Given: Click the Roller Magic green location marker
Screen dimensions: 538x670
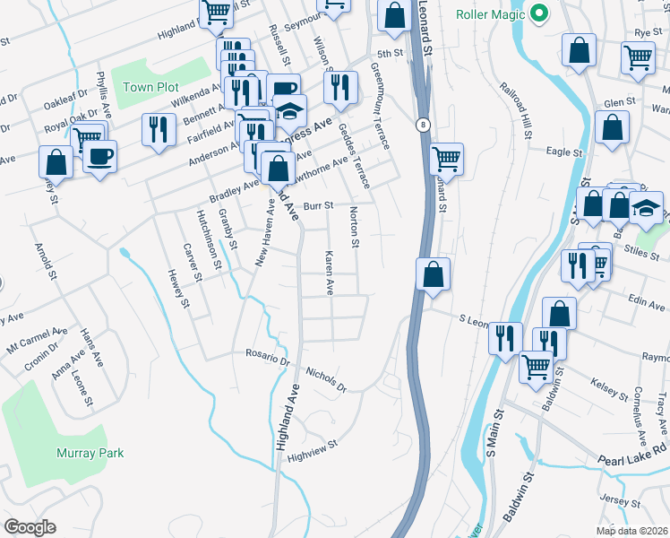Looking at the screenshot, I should coord(538,14).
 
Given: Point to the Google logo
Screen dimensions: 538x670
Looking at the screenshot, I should coord(30,527).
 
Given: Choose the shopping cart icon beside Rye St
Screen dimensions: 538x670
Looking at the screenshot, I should coord(638,57).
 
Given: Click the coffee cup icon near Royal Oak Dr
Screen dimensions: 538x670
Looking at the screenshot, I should coord(99,156).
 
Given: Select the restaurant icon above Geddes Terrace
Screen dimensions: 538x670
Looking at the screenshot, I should coord(339,87).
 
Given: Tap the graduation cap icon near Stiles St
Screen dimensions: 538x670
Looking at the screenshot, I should coord(646,208).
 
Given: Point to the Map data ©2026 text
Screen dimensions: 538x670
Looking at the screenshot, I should coord(631,531).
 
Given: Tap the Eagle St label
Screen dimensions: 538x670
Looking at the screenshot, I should coord(566,153).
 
